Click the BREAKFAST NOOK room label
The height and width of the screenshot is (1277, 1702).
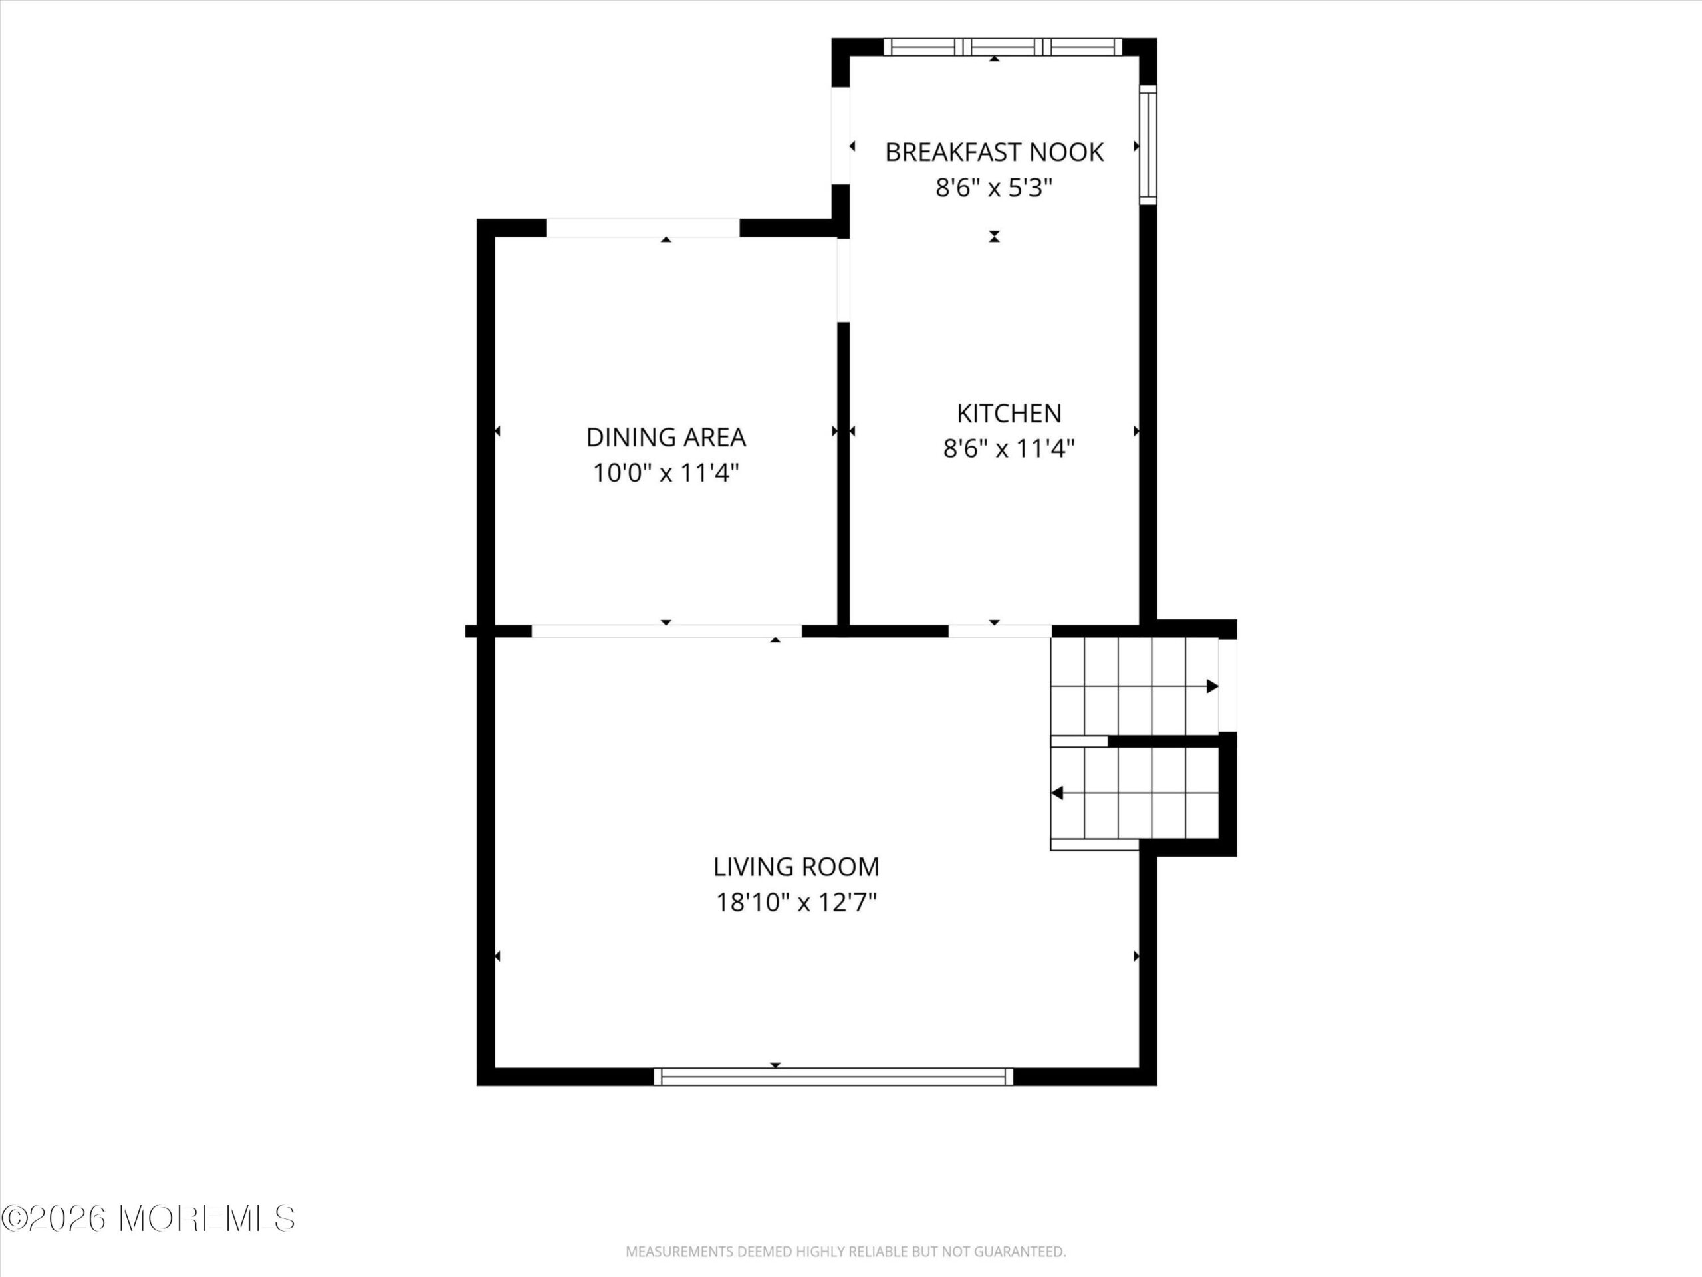pos(994,152)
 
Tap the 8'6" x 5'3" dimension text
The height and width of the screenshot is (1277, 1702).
pos(993,188)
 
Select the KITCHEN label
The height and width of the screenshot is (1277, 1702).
pos(1009,413)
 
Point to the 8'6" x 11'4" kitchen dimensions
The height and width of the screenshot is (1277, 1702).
pos(1009,448)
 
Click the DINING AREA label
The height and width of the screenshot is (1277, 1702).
pos(666,437)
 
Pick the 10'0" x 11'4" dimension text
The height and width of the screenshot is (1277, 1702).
pos(666,473)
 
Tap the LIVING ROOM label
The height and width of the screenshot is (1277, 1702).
pos(796,867)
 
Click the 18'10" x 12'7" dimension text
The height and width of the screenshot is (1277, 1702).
pos(796,902)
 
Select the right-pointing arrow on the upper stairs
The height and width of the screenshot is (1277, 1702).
pos(1212,686)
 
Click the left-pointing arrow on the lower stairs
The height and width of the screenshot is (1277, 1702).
pos(1057,793)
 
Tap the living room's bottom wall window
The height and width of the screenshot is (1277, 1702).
pos(833,1077)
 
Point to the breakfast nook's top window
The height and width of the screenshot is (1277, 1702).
pos(1003,47)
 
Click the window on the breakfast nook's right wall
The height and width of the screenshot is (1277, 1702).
pos(1148,145)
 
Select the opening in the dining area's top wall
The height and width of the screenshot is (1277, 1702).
pos(642,228)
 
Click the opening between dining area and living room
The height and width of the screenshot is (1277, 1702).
pos(666,631)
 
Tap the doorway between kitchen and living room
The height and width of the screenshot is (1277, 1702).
pos(999,631)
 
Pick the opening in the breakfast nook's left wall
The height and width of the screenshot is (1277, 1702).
pos(840,137)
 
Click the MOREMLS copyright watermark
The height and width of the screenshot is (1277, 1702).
pos(148,1218)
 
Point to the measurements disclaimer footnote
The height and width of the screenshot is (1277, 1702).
pos(846,1252)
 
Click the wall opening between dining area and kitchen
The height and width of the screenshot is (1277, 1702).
pos(843,279)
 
